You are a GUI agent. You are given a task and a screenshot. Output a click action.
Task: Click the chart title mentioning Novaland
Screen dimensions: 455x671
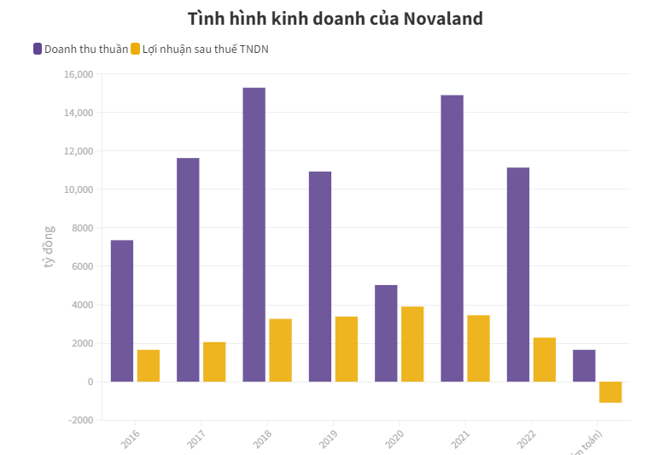pos(335,18)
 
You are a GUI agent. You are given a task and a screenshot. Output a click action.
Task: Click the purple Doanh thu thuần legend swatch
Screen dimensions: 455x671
pos(38,49)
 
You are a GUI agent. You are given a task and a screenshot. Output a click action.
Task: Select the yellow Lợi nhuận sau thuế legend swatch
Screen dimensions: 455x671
pos(135,49)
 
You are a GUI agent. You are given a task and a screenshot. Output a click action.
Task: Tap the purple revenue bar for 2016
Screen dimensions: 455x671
pos(122,311)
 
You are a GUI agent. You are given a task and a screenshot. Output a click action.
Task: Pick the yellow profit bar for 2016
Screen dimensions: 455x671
pos(149,365)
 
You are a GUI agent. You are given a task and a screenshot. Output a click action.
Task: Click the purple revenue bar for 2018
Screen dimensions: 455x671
pos(254,235)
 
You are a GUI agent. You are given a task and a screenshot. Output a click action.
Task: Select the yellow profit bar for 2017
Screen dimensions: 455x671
pos(214,362)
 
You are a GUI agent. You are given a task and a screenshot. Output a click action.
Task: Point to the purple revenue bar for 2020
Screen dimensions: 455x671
pos(386,333)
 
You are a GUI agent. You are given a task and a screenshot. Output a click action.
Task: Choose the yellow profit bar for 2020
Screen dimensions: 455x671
pos(412,344)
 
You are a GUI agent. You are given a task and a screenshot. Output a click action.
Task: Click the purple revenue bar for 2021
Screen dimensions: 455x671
pos(452,238)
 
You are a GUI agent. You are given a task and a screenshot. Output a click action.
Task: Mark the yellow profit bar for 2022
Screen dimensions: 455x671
pos(545,359)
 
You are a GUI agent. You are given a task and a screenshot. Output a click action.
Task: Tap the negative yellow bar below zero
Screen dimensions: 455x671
pos(610,392)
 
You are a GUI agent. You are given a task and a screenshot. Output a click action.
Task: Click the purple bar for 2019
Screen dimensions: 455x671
pos(320,277)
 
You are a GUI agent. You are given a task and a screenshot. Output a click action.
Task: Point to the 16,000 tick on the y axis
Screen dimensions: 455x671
pos(79,74)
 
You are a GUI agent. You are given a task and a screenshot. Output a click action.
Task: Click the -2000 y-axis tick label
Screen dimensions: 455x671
pos(80,420)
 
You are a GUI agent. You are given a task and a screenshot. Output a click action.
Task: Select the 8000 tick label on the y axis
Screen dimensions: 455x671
pos(82,228)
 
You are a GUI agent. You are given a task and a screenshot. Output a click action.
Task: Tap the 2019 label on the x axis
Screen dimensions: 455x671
pos(327,439)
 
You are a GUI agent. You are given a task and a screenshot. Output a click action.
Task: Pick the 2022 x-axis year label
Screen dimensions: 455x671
pos(525,439)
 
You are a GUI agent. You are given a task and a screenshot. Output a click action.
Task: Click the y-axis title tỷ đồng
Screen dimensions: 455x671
pos(49,247)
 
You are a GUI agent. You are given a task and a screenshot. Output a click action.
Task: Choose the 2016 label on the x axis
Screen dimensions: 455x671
pos(130,439)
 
